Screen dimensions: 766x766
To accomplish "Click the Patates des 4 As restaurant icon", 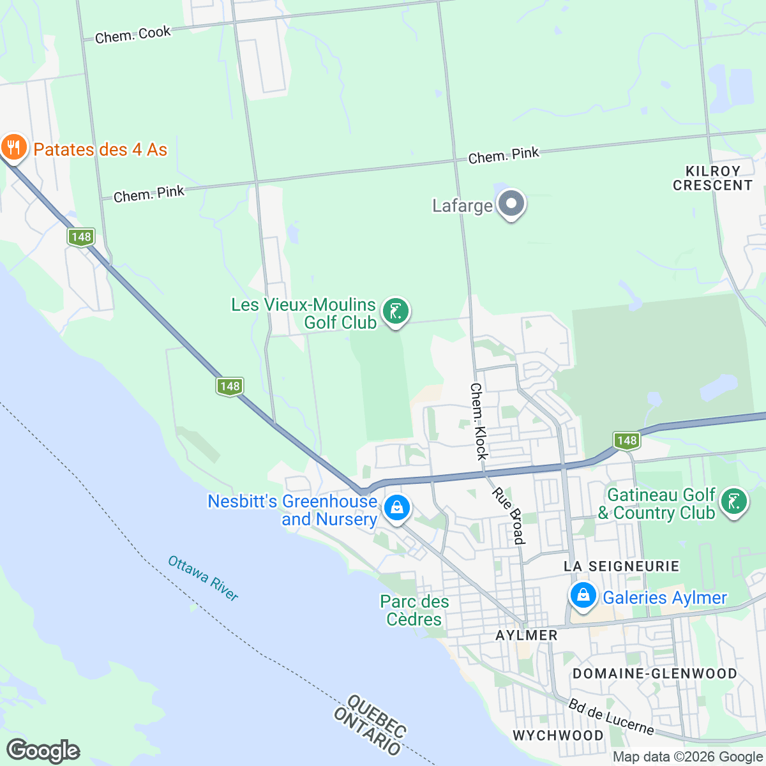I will click(13, 148).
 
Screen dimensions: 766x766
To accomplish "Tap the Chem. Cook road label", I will click(133, 34).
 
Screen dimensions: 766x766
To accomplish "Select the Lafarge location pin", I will click(511, 205).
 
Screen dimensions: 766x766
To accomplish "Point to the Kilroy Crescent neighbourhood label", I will click(712, 178).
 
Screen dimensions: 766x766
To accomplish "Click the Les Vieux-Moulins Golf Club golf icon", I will click(395, 312).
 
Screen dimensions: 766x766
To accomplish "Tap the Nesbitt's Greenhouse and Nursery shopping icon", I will click(396, 509).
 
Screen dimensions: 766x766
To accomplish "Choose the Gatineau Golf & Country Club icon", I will click(733, 502).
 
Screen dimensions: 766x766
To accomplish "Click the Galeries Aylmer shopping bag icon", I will click(582, 596).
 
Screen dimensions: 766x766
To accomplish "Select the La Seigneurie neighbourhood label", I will click(621, 566).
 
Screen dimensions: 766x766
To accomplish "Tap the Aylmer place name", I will click(527, 635).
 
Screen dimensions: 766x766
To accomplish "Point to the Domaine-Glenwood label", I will click(654, 673).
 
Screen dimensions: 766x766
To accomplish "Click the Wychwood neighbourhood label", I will click(558, 735).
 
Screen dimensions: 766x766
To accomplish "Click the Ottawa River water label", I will click(203, 578).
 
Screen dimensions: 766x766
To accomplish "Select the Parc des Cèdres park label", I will click(414, 610).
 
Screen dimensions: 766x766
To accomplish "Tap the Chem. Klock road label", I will click(479, 421).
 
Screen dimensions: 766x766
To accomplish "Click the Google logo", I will click(43, 751).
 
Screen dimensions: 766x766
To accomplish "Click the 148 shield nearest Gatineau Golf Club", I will click(627, 440).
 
